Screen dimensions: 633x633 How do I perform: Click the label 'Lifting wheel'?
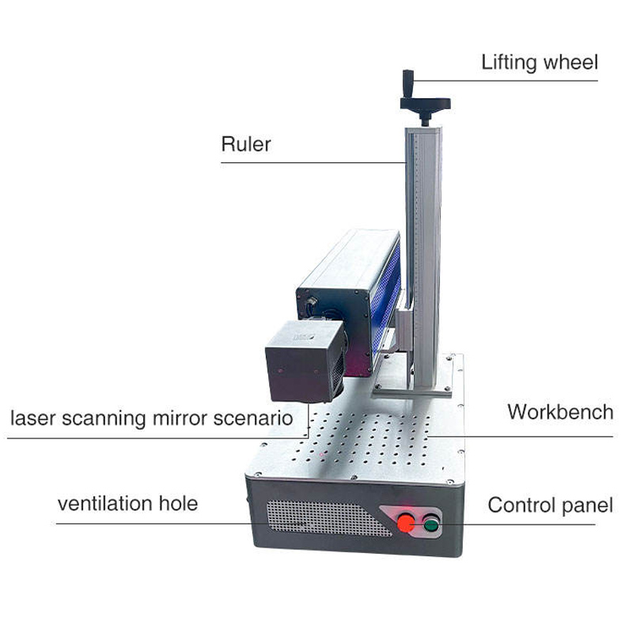pos(540,63)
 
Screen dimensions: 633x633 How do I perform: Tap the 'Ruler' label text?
pos(245,145)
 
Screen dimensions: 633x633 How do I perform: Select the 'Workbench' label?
pos(559,411)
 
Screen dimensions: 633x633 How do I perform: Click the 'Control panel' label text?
pos(550,505)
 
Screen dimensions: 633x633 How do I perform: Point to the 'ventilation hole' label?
pos(127,503)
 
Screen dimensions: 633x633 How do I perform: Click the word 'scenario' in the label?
pos(255,417)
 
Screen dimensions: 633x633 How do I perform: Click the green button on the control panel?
pos(431,522)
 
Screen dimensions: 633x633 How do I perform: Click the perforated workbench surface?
pos(372,443)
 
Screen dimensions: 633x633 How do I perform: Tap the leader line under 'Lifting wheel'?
pos(506,80)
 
